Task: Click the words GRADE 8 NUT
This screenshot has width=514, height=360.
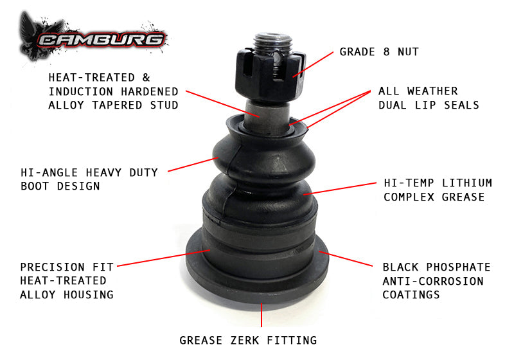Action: [379, 52]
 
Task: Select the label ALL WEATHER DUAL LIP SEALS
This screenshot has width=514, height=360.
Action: [428, 98]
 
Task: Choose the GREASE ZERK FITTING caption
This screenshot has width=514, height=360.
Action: [248, 340]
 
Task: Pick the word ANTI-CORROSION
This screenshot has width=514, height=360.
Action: [432, 281]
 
